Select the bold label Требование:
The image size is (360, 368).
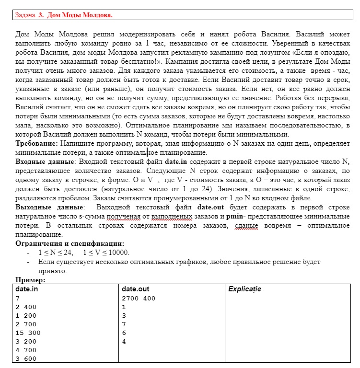(36, 144)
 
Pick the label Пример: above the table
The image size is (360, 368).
(31, 280)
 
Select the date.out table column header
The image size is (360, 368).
(136, 289)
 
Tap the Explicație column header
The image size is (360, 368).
(245, 289)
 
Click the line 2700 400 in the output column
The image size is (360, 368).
(139, 298)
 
